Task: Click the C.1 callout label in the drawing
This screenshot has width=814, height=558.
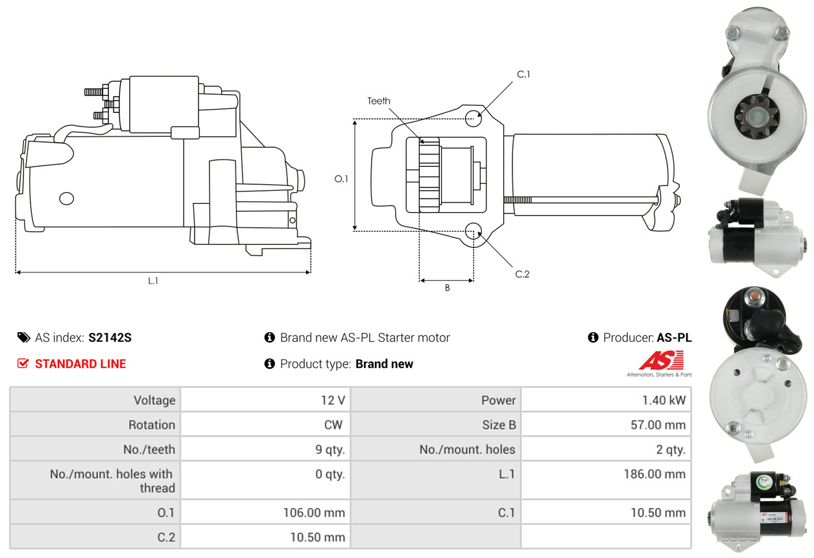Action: (x=523, y=75)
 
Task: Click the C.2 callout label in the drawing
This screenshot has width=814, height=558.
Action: (x=522, y=274)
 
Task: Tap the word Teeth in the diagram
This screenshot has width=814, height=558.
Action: (x=379, y=101)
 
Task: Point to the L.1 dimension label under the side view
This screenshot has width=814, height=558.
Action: (x=153, y=281)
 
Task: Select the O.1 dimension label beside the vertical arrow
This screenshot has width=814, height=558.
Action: (x=341, y=179)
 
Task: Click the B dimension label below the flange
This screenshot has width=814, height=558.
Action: (x=448, y=288)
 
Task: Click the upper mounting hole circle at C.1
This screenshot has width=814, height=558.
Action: (x=473, y=118)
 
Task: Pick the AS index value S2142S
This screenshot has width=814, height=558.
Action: (x=110, y=337)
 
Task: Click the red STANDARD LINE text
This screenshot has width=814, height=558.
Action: (x=80, y=364)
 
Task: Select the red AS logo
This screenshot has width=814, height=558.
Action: (x=661, y=360)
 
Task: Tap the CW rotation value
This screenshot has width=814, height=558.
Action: (x=333, y=424)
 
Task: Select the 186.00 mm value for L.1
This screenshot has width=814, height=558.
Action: (x=654, y=474)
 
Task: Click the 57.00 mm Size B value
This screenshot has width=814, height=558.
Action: (x=658, y=424)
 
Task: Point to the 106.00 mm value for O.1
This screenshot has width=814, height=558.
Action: (x=314, y=513)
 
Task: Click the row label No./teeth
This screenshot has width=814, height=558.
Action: (x=149, y=449)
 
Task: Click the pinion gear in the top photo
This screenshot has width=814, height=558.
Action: (x=756, y=117)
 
